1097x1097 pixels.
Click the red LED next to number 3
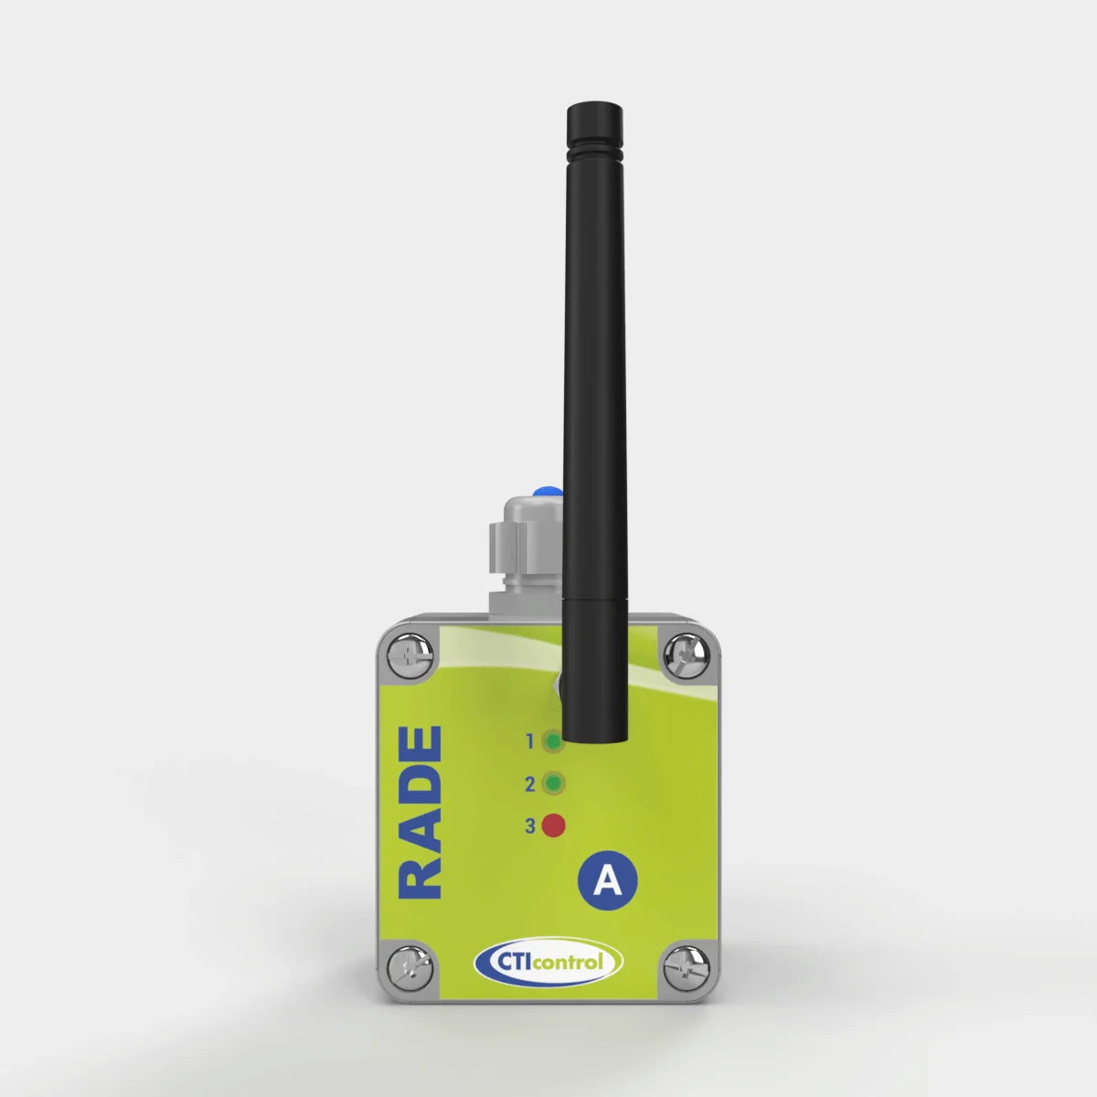pyautogui.click(x=553, y=825)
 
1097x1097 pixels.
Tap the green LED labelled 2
pyautogui.click(x=553, y=783)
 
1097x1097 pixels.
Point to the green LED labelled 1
pyautogui.click(x=552, y=741)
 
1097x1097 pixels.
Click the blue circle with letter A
pyautogui.click(x=607, y=880)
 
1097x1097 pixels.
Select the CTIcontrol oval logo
pyautogui.click(x=548, y=962)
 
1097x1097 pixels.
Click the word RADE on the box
pyautogui.click(x=421, y=813)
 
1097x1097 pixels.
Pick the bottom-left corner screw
pyautogui.click(x=410, y=967)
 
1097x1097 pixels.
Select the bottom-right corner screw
pyautogui.click(x=687, y=967)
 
